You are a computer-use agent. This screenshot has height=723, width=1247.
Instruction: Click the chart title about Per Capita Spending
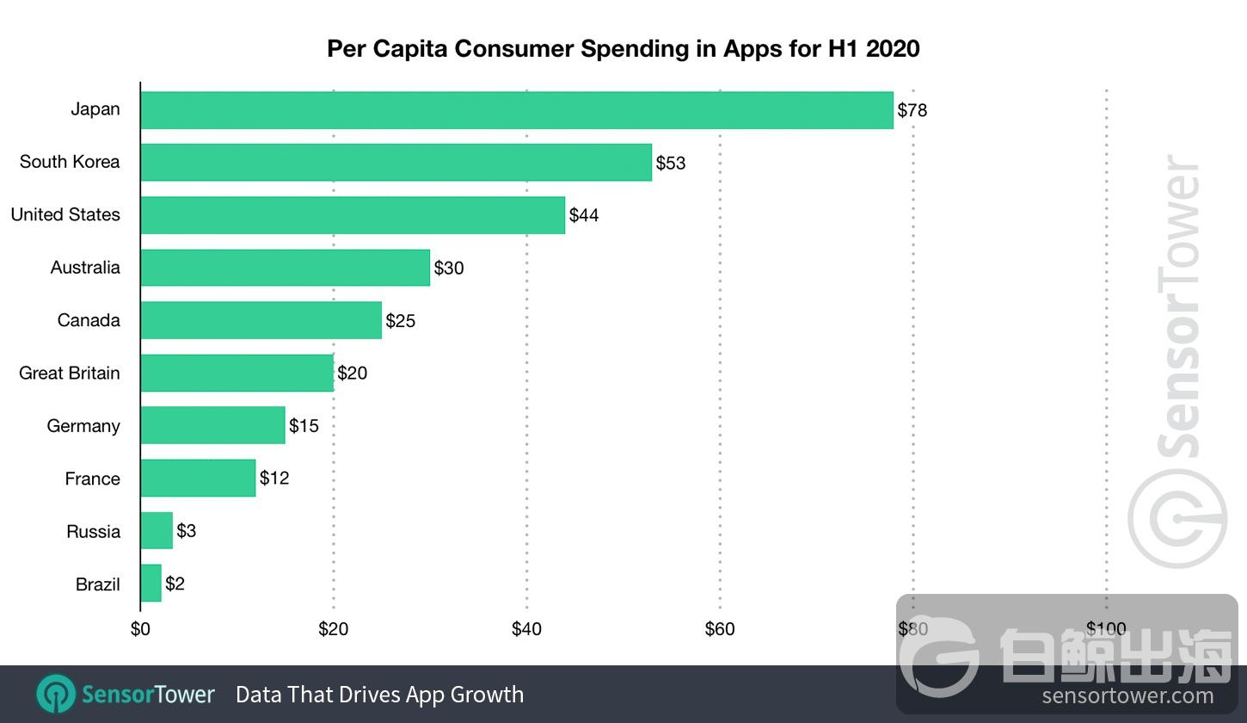[623, 48]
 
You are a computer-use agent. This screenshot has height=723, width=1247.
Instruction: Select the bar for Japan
[516, 110]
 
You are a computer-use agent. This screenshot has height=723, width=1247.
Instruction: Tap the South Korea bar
[396, 163]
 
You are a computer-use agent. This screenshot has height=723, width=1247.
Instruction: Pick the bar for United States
[353, 215]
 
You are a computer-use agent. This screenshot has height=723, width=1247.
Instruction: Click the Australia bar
[285, 268]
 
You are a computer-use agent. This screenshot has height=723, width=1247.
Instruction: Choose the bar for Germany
[212, 425]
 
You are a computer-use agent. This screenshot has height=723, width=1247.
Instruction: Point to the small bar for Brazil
[150, 584]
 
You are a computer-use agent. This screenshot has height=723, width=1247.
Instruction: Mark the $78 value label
[912, 110]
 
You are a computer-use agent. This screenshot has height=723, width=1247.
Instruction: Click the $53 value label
[671, 163]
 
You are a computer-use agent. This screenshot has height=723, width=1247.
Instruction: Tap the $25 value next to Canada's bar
[401, 321]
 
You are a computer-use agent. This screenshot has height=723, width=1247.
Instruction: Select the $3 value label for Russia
[187, 531]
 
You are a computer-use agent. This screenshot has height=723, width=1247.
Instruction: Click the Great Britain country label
[70, 374]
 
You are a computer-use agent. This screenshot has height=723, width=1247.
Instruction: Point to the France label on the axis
[92, 479]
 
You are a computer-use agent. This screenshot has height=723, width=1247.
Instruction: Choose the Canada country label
[89, 320]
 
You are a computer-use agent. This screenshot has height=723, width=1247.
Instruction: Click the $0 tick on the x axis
[140, 629]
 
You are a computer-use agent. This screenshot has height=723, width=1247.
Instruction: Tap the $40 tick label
[526, 629]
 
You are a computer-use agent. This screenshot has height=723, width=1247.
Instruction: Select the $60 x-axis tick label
[720, 629]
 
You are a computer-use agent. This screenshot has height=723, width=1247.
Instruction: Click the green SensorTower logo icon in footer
[56, 695]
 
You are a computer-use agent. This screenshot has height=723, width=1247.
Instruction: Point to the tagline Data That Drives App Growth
[379, 695]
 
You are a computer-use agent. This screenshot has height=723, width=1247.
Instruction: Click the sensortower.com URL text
[1127, 696]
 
